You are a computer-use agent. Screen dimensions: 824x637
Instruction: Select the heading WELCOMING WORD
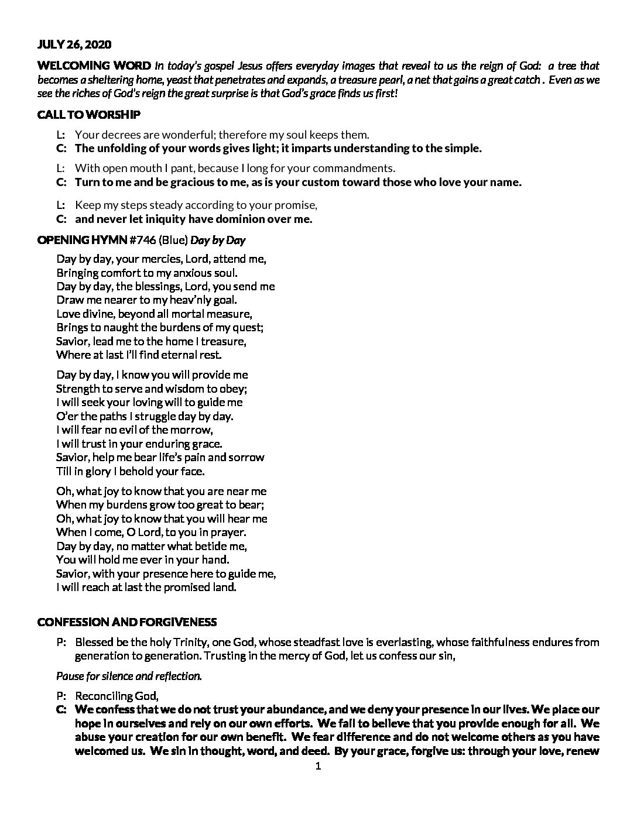94,65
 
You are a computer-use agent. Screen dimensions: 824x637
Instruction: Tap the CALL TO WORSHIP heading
88,115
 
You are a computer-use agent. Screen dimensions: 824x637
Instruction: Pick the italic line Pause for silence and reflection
129,676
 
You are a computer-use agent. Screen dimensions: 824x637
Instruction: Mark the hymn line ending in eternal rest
139,355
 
